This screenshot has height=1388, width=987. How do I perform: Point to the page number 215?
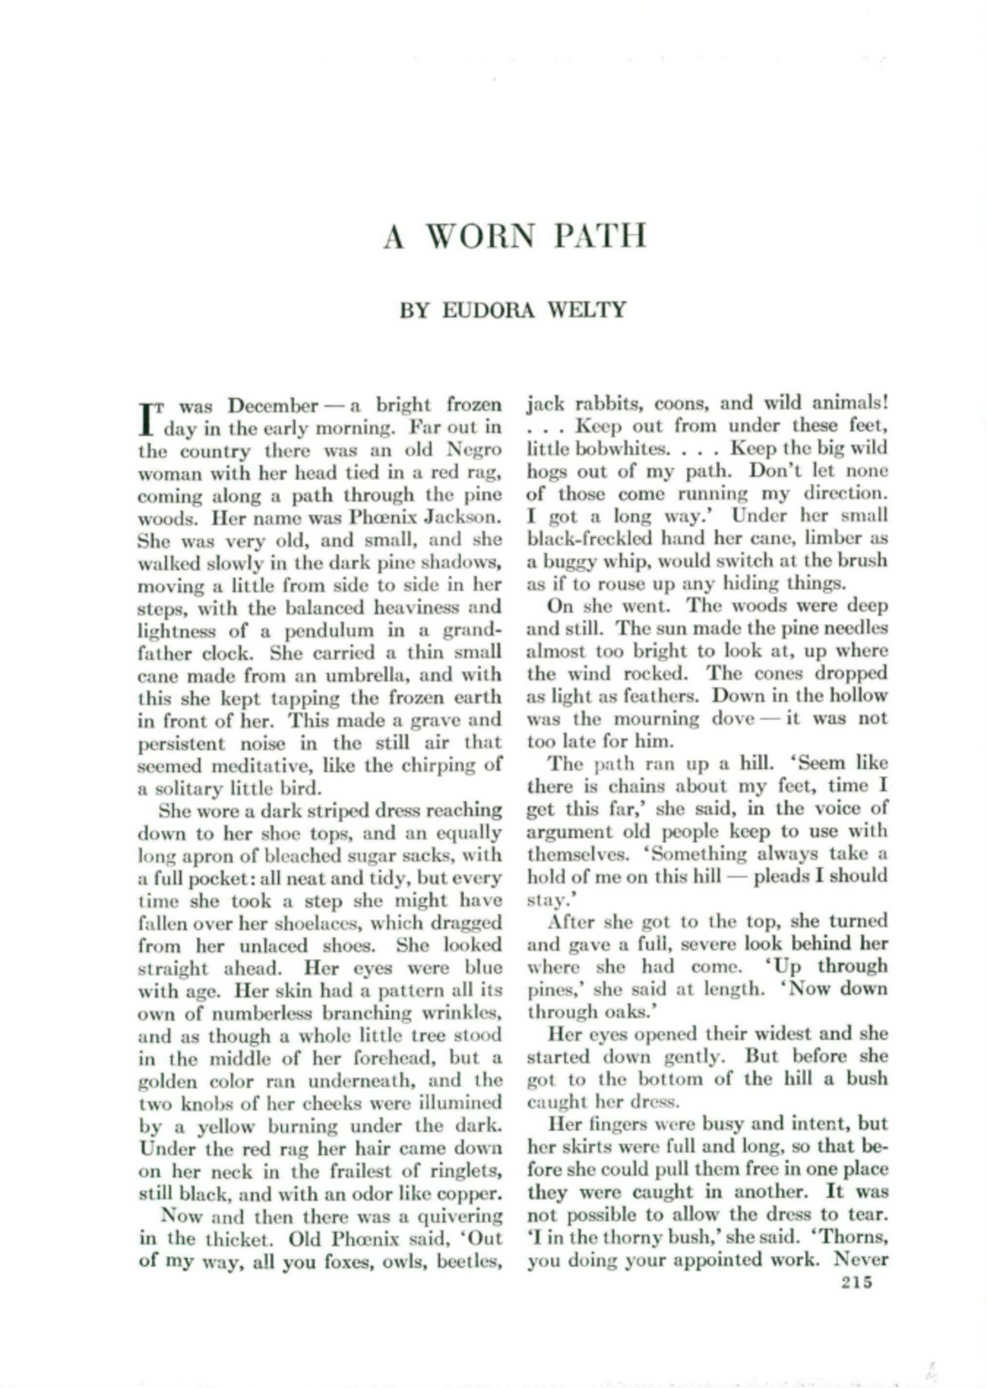856,1282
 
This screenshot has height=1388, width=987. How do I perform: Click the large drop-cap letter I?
147,419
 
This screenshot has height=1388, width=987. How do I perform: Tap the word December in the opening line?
272,406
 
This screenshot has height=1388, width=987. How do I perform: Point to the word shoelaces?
333,923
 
